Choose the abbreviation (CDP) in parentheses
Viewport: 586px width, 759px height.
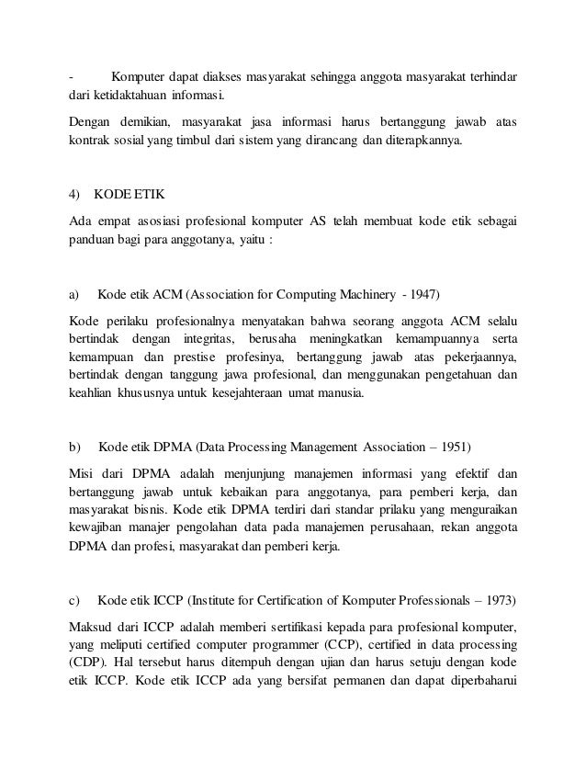point(87,663)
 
